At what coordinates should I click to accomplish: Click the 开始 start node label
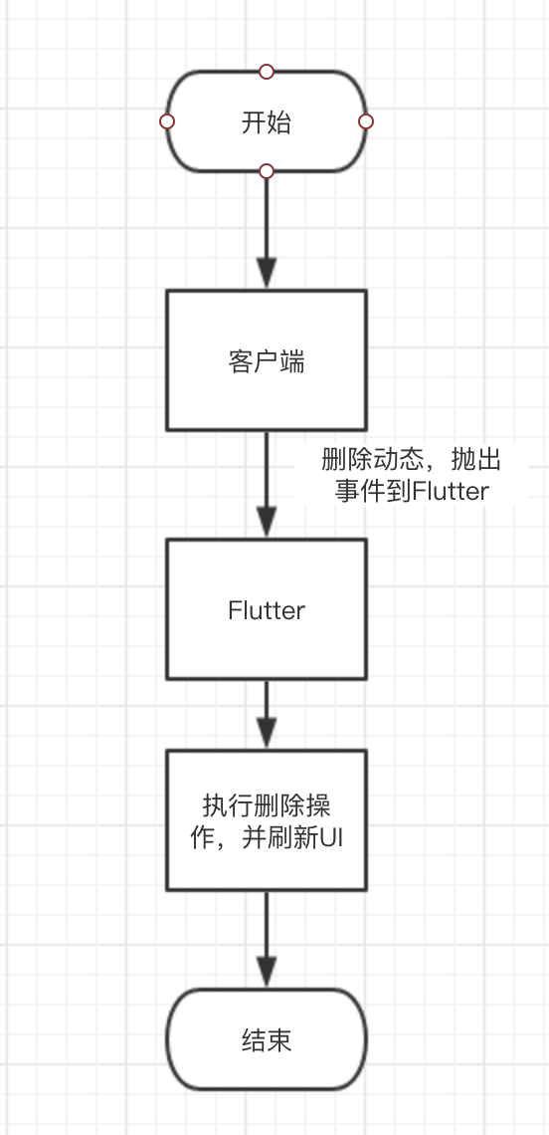pyautogui.click(x=267, y=122)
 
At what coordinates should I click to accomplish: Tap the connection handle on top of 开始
pyautogui.click(x=267, y=71)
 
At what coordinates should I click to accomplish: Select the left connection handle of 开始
pyautogui.click(x=167, y=121)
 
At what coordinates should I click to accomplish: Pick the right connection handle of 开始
pyautogui.click(x=366, y=121)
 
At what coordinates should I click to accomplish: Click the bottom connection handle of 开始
pyautogui.click(x=267, y=171)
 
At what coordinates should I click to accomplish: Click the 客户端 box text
pyautogui.click(x=267, y=361)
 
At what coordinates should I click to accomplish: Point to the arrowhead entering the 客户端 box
pyautogui.click(x=267, y=274)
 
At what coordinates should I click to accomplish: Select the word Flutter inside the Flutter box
pyautogui.click(x=267, y=610)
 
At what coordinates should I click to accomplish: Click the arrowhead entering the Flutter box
pyautogui.click(x=267, y=522)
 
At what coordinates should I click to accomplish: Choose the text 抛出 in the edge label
pyautogui.click(x=476, y=460)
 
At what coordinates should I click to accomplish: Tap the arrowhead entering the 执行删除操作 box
pyautogui.click(x=267, y=733)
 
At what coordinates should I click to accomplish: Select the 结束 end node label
pyautogui.click(x=267, y=1040)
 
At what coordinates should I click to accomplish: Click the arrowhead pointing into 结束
pyautogui.click(x=267, y=972)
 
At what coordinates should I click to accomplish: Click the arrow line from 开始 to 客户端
pyautogui.click(x=267, y=230)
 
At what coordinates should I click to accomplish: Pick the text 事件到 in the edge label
pyautogui.click(x=373, y=492)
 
